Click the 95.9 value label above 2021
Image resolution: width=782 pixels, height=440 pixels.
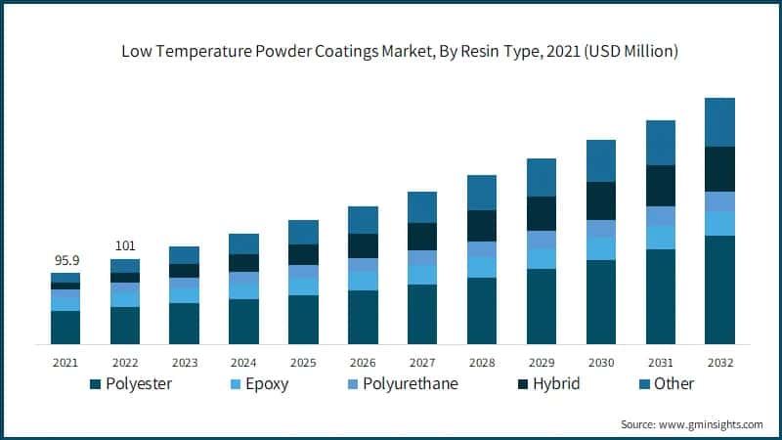click(65, 261)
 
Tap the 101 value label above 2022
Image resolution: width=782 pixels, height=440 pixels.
click(124, 245)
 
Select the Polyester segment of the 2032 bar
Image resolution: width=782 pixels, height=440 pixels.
click(719, 289)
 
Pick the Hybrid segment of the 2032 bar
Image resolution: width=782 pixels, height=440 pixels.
click(719, 169)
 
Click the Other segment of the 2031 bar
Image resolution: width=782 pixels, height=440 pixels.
click(661, 143)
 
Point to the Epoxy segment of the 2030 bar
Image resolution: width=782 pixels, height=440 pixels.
click(601, 248)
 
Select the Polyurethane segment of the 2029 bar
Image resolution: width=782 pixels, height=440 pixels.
click(542, 239)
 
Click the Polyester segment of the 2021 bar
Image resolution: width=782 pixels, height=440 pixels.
click(65, 327)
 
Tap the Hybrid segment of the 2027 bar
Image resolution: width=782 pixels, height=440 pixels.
click(422, 237)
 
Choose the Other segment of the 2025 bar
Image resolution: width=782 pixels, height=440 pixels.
click(303, 232)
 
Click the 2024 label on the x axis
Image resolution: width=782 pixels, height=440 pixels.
click(243, 362)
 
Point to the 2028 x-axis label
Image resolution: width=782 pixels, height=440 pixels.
click(482, 362)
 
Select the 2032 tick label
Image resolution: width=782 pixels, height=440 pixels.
click(719, 362)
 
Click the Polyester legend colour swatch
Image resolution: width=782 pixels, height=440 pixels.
click(96, 384)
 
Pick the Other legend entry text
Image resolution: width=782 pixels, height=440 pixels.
click(673, 384)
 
